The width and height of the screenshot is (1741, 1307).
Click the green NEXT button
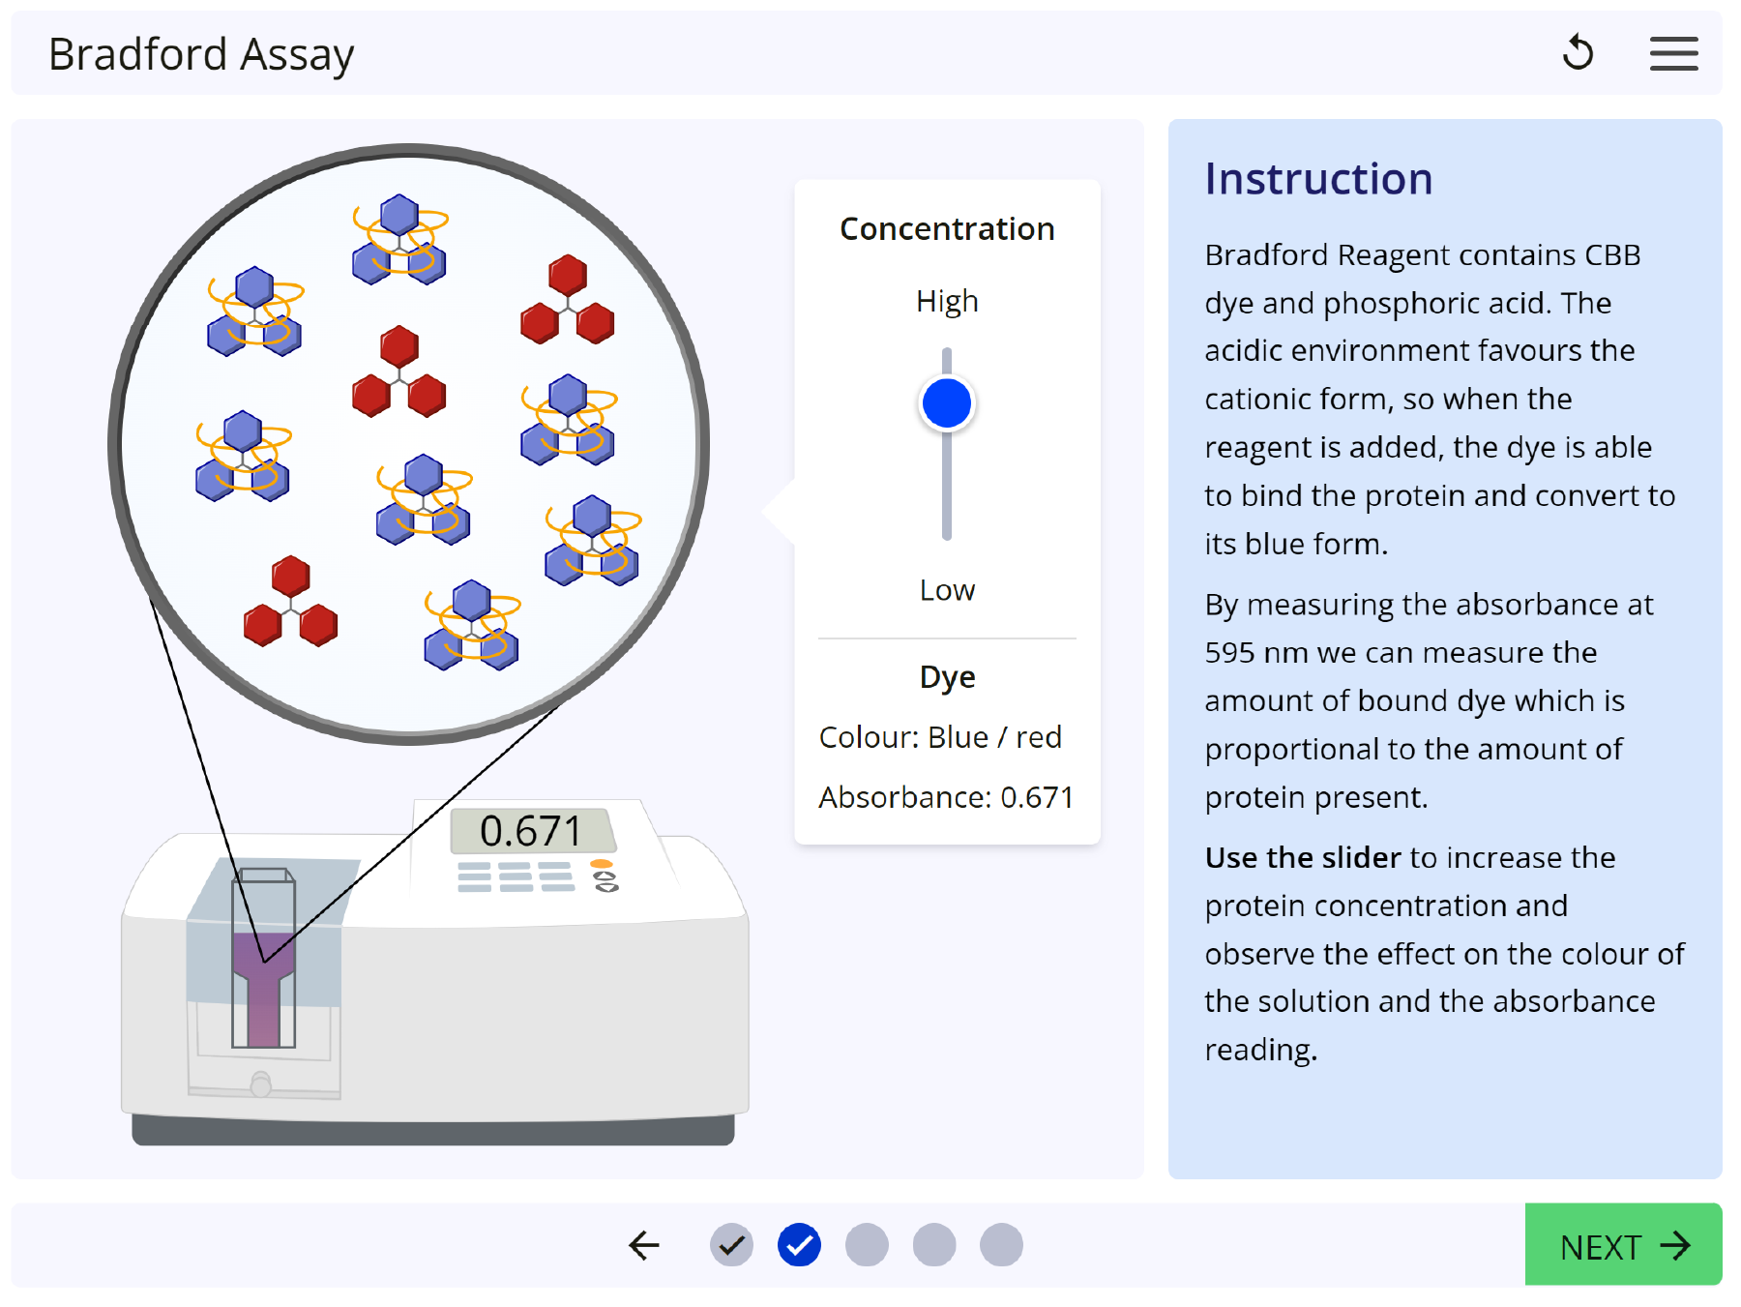(1623, 1245)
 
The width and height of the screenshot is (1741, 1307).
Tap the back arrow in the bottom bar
(644, 1245)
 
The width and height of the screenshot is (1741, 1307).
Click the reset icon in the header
(1578, 53)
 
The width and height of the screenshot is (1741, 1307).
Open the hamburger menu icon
(1673, 53)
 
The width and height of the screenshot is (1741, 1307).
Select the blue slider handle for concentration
(947, 403)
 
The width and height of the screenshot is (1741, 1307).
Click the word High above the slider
(947, 302)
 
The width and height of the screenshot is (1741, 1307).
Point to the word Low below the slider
(947, 590)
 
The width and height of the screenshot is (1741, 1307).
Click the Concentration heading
(947, 229)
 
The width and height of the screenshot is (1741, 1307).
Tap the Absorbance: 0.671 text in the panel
(946, 797)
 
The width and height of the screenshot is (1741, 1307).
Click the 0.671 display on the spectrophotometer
(531, 831)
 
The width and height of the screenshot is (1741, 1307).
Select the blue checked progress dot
(799, 1245)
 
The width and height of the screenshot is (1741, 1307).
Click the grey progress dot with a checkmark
(731, 1245)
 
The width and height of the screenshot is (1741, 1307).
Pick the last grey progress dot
(1001, 1245)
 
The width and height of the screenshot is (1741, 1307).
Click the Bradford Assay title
(201, 55)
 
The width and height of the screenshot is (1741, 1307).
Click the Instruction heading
(1318, 179)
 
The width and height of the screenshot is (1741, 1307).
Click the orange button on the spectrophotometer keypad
(602, 864)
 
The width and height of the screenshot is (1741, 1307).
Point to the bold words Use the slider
(1302, 858)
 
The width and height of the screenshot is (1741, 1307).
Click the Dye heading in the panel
(947, 677)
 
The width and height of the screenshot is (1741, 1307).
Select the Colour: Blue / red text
(940, 737)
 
